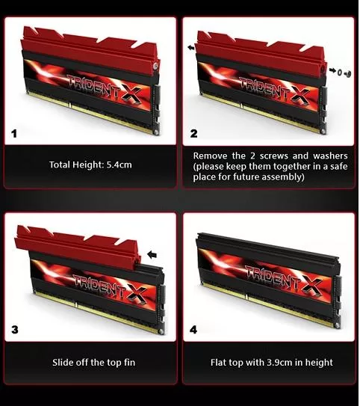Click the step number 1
point(14,134)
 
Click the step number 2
point(193,134)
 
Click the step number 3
point(15,330)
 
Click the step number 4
point(193,330)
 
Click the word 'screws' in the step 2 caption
point(273,156)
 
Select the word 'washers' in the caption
point(330,156)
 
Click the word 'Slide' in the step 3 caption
point(60,362)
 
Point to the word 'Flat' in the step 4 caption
point(218,362)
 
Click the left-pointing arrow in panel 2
point(191,48)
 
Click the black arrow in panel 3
point(152,255)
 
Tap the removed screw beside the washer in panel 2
point(348,73)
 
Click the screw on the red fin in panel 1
point(155,66)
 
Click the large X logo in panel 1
point(131,94)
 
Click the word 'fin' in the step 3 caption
point(129,362)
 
